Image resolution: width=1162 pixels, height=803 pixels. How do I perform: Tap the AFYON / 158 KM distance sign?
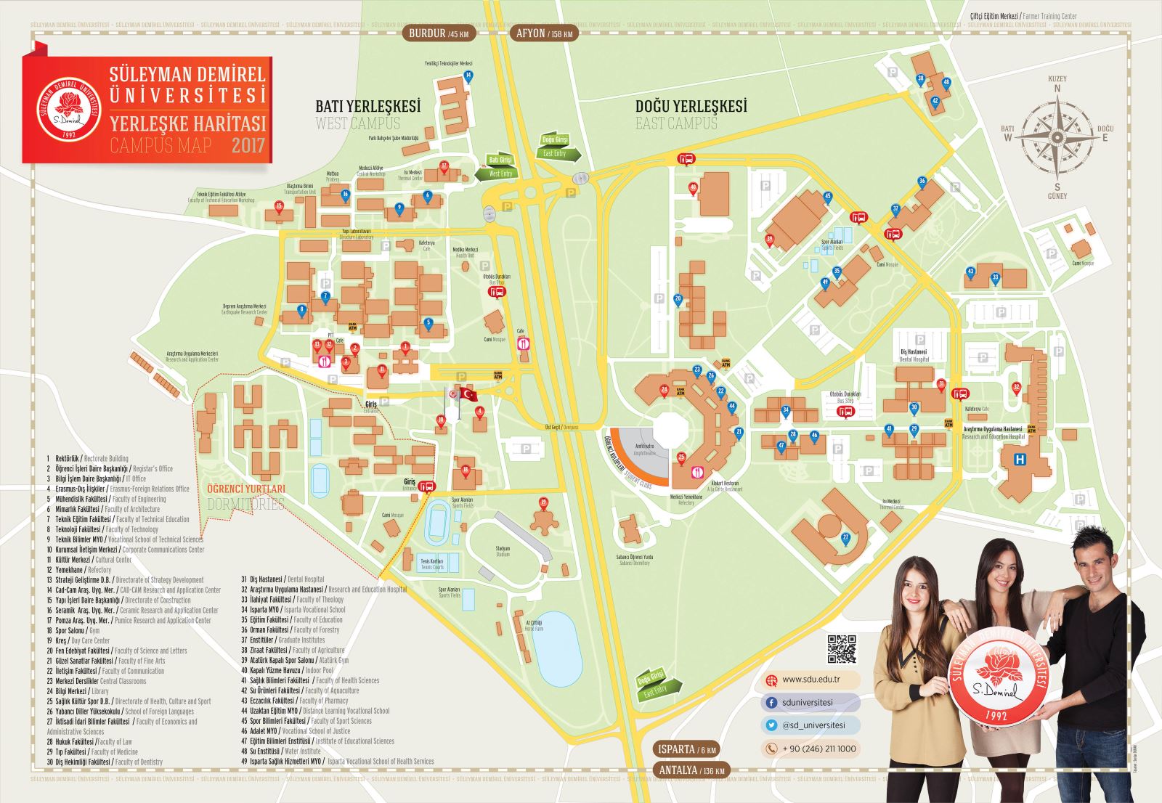pyautogui.click(x=545, y=33)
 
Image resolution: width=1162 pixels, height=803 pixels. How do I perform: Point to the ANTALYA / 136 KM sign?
pyautogui.click(x=691, y=770)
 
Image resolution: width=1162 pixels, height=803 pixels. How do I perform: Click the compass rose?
pyautogui.click(x=1057, y=136)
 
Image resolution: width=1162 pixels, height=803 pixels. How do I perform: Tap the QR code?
pyautogui.click(x=841, y=649)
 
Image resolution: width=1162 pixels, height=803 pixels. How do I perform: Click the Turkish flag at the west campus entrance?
pyautogui.click(x=468, y=394)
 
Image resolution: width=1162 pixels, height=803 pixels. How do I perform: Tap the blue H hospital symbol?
pyautogui.click(x=1021, y=459)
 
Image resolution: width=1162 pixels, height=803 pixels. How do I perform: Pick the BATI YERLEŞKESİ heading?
pyautogui.click(x=367, y=106)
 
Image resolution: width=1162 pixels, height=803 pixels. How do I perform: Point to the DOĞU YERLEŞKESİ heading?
pyautogui.click(x=691, y=106)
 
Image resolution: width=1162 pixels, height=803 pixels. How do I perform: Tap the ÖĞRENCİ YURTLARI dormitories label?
pyautogui.click(x=246, y=489)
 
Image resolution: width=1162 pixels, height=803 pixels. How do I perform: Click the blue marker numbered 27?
pyautogui.click(x=845, y=538)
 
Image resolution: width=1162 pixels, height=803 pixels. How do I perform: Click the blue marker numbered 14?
pyautogui.click(x=468, y=76)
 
